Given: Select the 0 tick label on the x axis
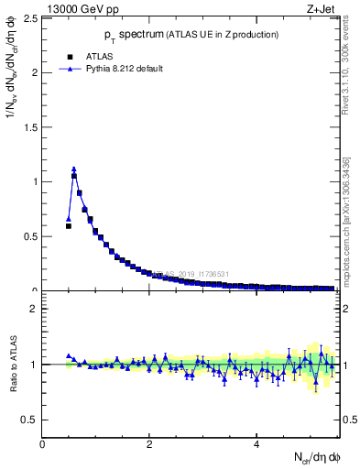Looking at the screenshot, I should (42, 444).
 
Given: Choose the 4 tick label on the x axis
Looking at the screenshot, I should (256, 444).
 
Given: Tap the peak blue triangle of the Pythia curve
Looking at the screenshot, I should (74, 169).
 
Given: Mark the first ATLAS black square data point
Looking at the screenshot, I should (69, 225).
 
